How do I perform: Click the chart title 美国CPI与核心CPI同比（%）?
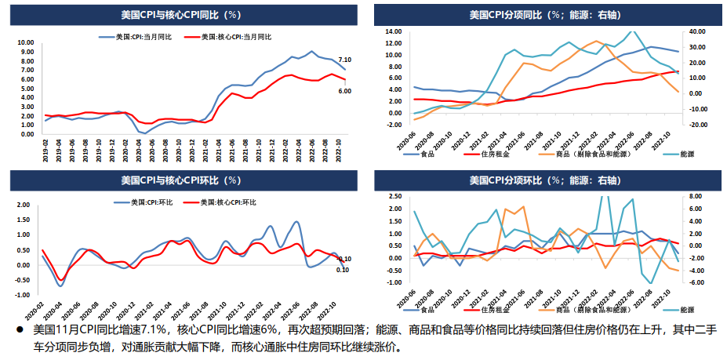[181, 14]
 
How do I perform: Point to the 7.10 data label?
[344, 60]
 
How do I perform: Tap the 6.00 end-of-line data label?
[344, 91]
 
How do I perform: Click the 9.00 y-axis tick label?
[25, 52]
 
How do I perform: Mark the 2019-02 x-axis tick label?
[46, 148]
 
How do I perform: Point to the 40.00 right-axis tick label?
[696, 31]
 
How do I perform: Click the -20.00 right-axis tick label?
[696, 124]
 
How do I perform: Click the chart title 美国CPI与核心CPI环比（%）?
[181, 180]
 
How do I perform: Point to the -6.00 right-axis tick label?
[696, 282]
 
